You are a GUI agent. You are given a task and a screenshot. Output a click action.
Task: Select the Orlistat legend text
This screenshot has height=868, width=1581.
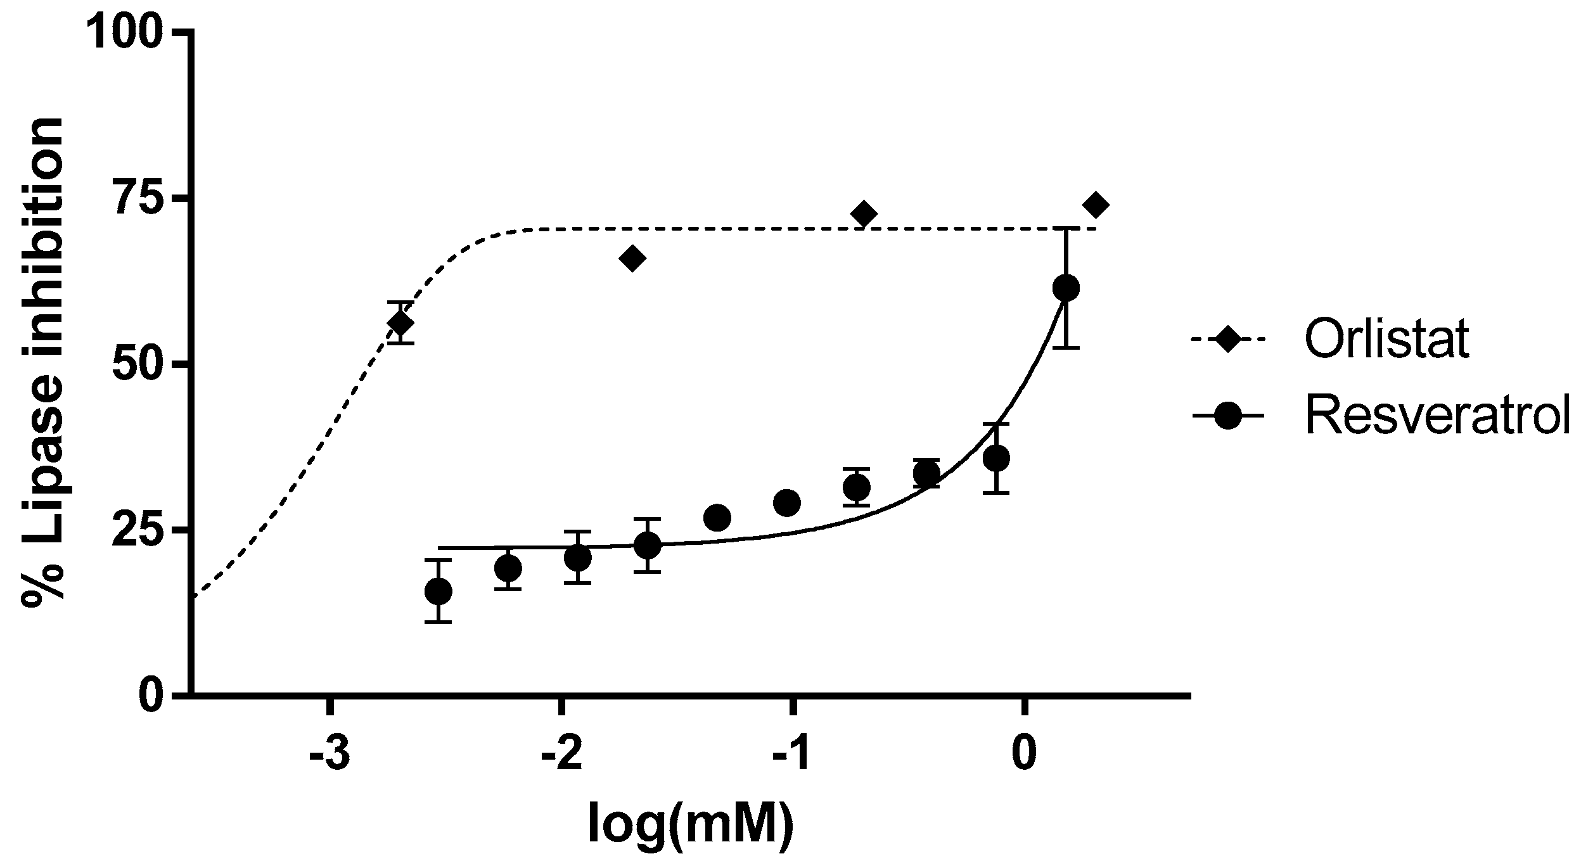[1386, 340]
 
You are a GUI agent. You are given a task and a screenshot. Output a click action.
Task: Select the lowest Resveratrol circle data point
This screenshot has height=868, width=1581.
[438, 591]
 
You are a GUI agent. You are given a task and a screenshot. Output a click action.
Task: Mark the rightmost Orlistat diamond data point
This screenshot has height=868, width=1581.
[1096, 205]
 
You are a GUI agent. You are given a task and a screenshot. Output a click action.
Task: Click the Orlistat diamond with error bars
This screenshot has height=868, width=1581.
[400, 323]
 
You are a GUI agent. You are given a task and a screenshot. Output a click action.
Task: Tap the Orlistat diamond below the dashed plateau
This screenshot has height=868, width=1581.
[632, 258]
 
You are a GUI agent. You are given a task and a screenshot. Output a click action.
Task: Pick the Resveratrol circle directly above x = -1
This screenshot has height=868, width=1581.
[787, 503]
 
